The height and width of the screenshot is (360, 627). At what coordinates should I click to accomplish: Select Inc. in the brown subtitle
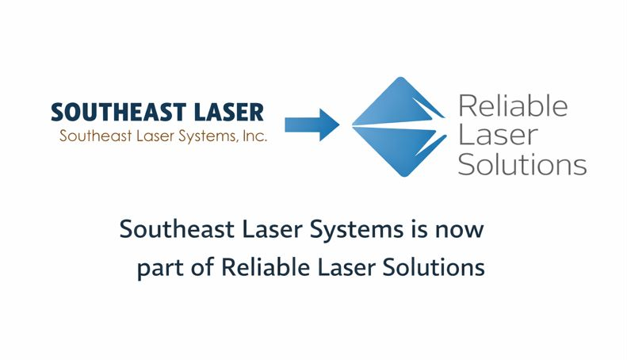[x=255, y=136]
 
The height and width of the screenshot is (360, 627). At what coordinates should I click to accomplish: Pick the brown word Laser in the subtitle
[x=152, y=136]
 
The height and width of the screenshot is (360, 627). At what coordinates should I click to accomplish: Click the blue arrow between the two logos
[x=312, y=124]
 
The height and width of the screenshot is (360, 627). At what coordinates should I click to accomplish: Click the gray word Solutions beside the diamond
[x=522, y=165]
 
